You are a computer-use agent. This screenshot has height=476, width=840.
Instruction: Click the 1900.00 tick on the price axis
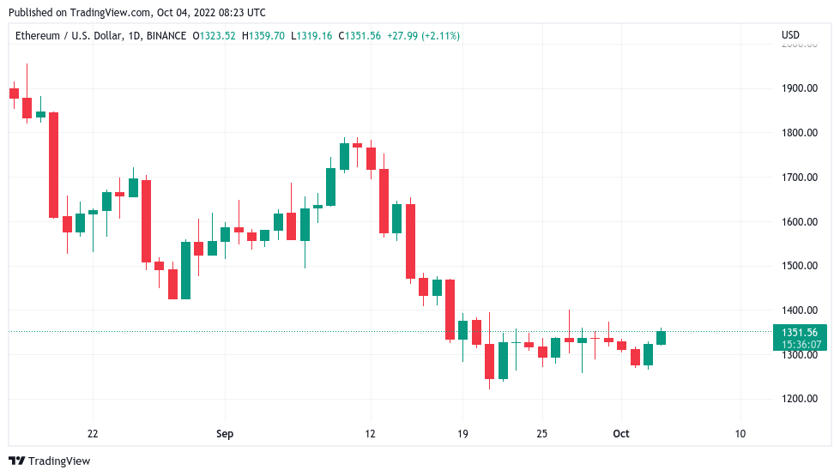[x=798, y=88]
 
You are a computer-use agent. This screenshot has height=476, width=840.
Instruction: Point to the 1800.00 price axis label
[x=798, y=133]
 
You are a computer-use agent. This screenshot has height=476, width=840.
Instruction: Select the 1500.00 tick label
[x=798, y=266]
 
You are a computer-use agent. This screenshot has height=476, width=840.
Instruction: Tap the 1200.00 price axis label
[x=798, y=399]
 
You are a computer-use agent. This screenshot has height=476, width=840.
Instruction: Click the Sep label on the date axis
[x=224, y=434]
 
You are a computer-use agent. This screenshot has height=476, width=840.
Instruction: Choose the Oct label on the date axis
[x=620, y=434]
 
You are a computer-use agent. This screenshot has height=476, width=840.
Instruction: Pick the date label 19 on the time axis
[x=462, y=434]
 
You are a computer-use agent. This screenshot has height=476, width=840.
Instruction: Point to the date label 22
[x=93, y=434]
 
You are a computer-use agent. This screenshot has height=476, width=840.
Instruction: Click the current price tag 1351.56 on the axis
[x=800, y=333]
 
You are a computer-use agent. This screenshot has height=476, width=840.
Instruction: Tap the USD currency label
[x=790, y=35]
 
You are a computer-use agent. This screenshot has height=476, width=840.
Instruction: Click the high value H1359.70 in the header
[x=265, y=36]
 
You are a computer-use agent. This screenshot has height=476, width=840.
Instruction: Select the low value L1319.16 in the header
[x=313, y=36]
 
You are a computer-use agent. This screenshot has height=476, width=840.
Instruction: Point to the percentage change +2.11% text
[x=440, y=36]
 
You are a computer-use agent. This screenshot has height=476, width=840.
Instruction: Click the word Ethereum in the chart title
[x=38, y=36]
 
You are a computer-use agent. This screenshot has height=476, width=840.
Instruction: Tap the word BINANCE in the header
[x=166, y=36]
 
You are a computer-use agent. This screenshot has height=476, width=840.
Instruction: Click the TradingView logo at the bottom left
[x=50, y=461]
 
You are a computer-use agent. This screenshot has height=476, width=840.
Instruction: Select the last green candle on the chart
[x=662, y=338]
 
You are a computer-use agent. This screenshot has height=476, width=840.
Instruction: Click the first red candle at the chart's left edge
[x=14, y=93]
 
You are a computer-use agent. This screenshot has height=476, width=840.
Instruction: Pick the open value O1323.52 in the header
[x=215, y=36]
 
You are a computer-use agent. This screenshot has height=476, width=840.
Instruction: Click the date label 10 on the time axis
[x=740, y=434]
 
